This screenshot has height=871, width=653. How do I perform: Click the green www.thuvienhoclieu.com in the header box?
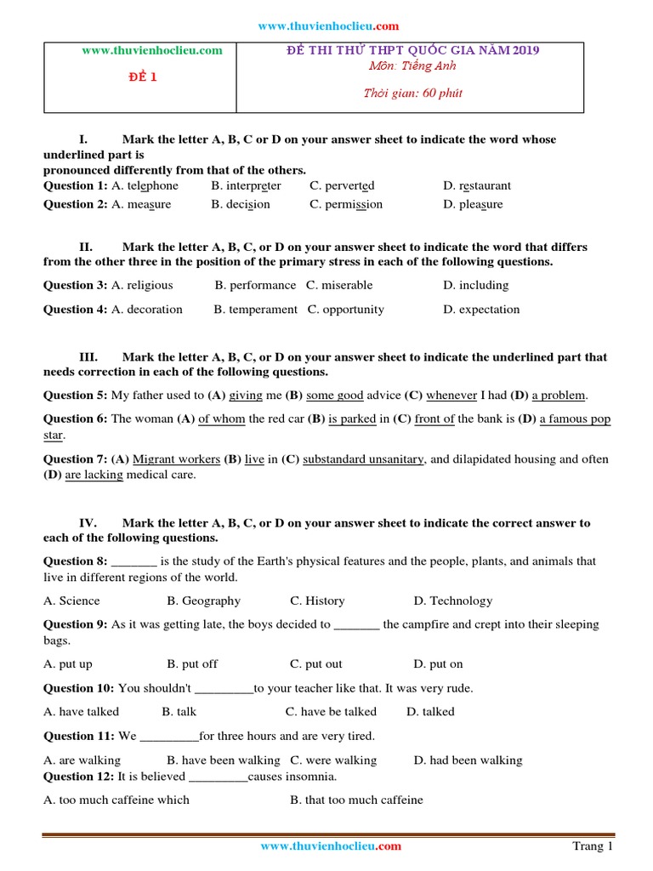pos(151,50)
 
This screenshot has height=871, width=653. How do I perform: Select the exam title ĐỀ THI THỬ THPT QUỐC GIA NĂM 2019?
pos(412,50)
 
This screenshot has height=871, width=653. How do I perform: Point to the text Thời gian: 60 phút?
pos(412,93)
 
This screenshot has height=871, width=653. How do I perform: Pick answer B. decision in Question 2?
pos(241,204)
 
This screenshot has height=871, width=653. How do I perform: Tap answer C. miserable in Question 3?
pos(339,285)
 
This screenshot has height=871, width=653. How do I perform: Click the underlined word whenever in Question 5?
pos(451,396)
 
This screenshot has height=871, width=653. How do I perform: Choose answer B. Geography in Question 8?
pos(204,601)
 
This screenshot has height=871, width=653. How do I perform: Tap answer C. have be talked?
pos(331,711)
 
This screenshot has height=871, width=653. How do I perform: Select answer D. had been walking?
pos(468,760)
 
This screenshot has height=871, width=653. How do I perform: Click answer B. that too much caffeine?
pos(356,800)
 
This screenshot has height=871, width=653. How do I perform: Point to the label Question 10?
pos(79,688)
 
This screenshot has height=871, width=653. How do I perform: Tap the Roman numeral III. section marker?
pos(88,357)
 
